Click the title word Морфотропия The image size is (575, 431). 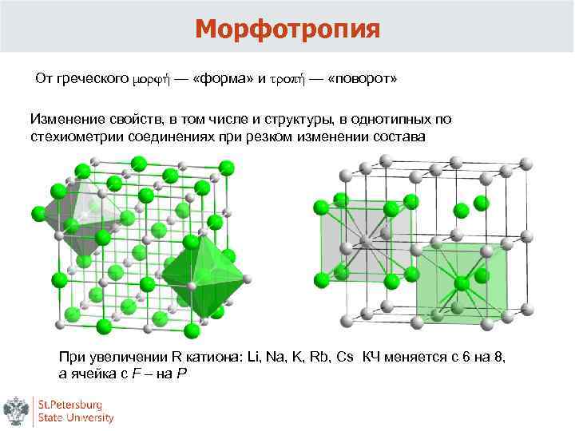pos(287,30)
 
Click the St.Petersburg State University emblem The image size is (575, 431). pos(17,410)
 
